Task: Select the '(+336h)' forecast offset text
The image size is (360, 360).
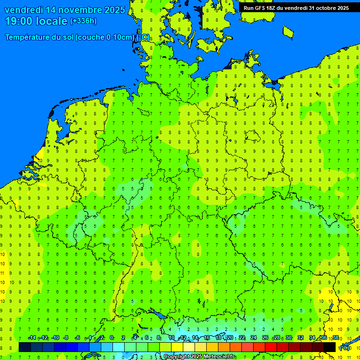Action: coord(83,21)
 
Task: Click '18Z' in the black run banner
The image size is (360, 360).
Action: coord(274,8)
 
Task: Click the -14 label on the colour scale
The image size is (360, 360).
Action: coord(32,338)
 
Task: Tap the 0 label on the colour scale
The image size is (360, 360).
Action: coord(112,338)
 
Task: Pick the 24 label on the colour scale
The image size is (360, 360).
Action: coord(254,338)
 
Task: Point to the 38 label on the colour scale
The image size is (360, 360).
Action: coord(336,338)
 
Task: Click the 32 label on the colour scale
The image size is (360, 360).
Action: coord(300,338)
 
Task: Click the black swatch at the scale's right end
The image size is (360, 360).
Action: coord(330,347)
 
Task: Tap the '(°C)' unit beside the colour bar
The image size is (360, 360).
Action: coord(345,347)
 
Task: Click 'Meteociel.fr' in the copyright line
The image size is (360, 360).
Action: coord(218,357)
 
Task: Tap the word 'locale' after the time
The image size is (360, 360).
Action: coord(54,21)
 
